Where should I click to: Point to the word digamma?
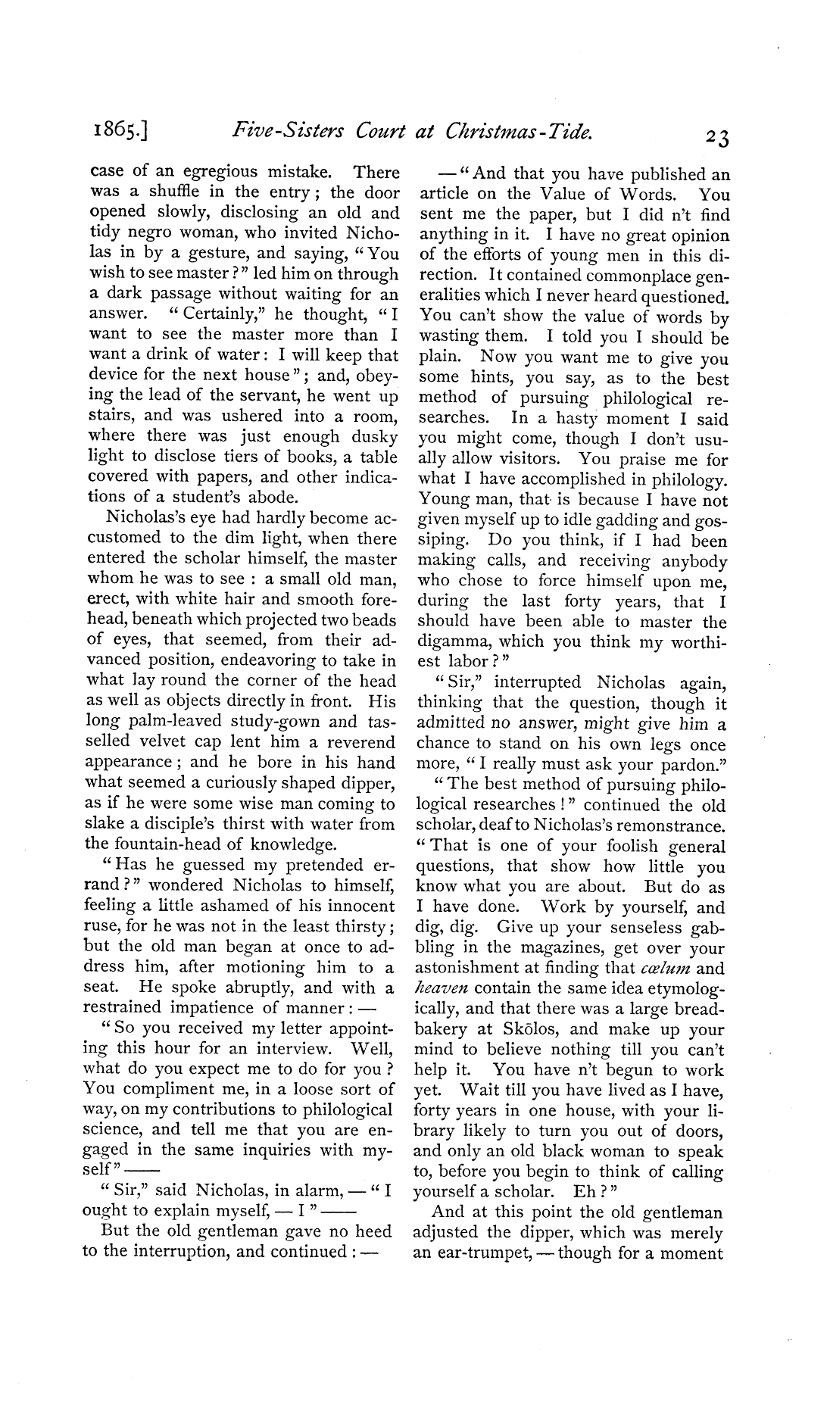450,643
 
